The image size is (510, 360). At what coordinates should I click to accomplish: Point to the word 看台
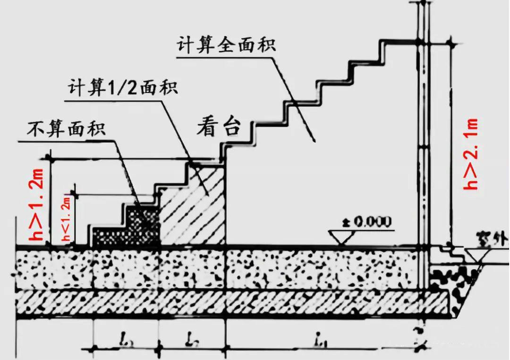coord(218,127)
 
